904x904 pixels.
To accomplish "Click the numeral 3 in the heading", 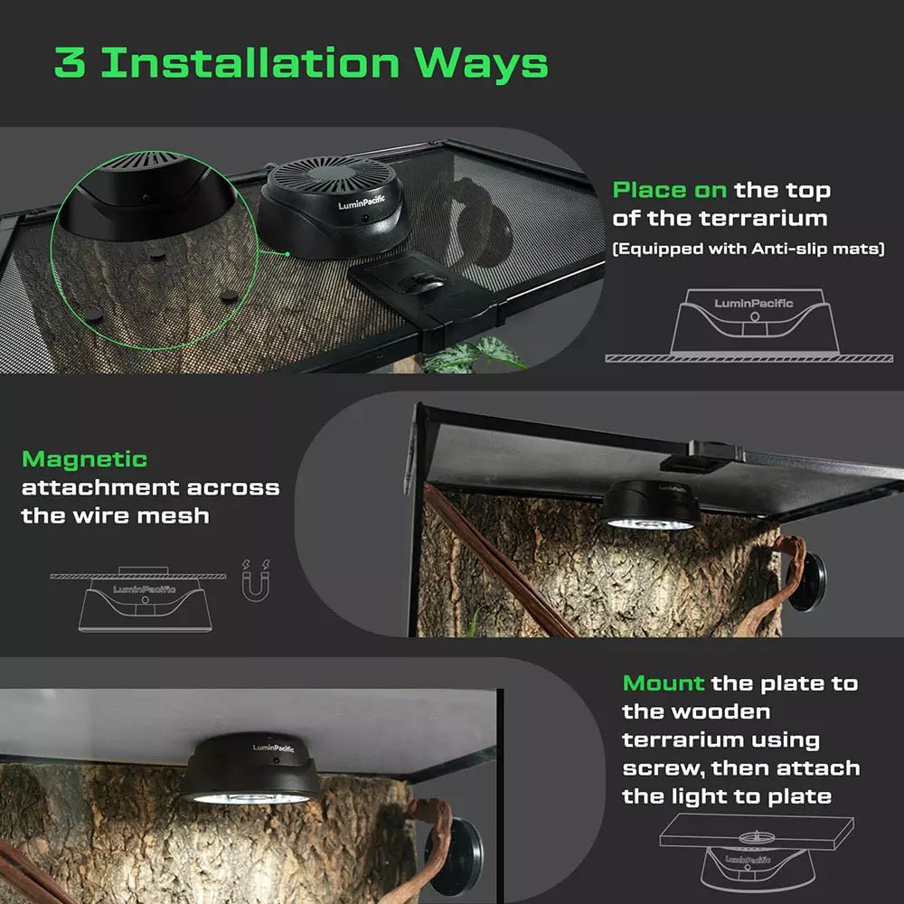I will [71, 63].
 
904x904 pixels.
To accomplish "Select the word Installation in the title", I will [250, 63].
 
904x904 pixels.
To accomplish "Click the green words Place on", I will [670, 191].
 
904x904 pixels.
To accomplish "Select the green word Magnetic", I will [84, 459].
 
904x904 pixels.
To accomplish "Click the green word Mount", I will [664, 683].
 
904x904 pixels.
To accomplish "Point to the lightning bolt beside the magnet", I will [247, 568].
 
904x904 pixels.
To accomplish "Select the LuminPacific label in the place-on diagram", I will [753, 303].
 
